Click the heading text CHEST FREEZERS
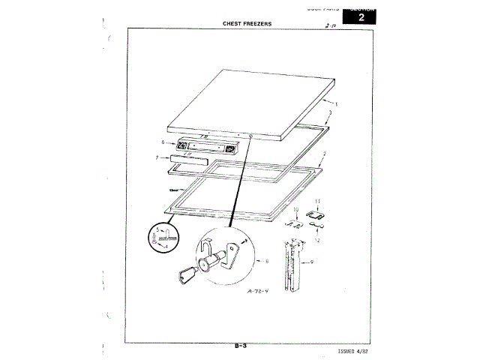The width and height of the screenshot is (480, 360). pyautogui.click(x=247, y=23)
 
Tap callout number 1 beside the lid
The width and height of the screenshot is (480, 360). pyautogui.click(x=336, y=103)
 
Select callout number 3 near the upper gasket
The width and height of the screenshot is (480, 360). pyautogui.click(x=331, y=112)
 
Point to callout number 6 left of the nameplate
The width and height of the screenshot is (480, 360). pyautogui.click(x=163, y=142)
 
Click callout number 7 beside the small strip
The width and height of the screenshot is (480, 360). pyautogui.click(x=157, y=158)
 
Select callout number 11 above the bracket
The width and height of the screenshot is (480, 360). pyautogui.click(x=317, y=202)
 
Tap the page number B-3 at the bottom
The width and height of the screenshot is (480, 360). pyautogui.click(x=241, y=346)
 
